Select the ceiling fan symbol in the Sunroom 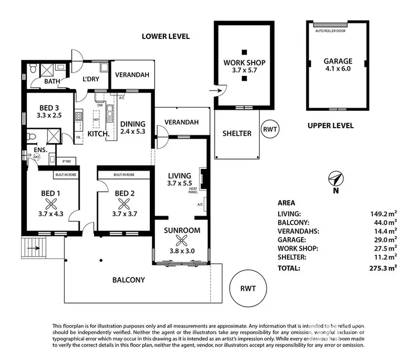pos(180,241)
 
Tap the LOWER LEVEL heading pos(166,36)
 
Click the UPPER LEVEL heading pos(330,126)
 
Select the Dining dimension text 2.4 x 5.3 pos(132,132)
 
